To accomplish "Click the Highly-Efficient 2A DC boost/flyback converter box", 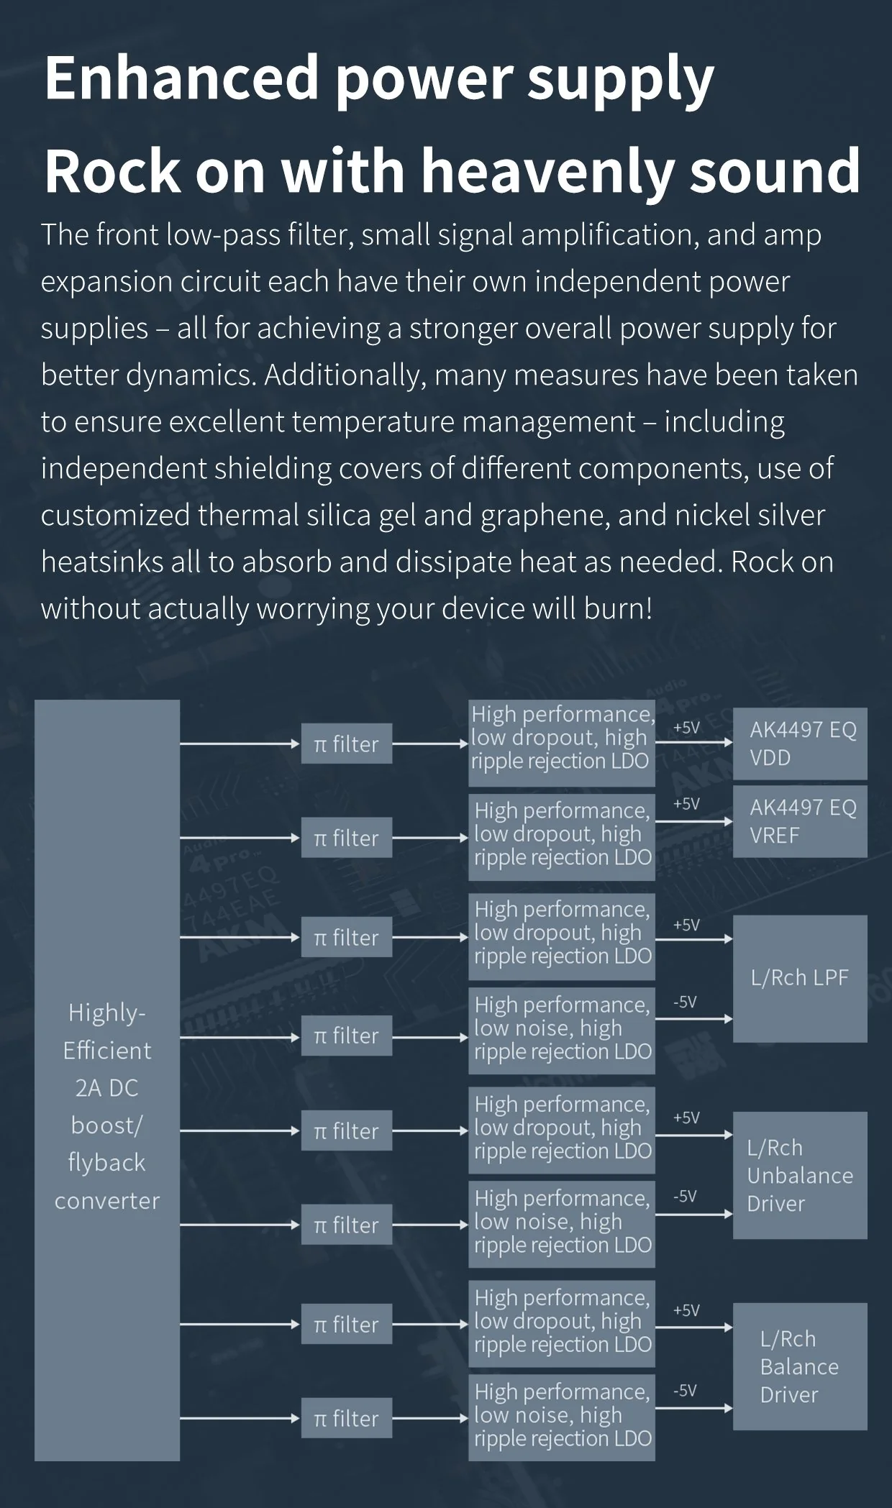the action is [x=107, y=1080].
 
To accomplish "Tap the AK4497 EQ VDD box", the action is [x=800, y=744].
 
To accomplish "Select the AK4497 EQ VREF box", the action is [x=800, y=821].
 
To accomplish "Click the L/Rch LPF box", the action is [x=800, y=979].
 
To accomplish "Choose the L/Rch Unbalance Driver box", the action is [x=800, y=1176].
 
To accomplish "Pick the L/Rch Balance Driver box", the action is [x=800, y=1367].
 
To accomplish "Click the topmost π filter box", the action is [x=347, y=744].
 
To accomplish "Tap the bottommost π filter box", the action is [x=347, y=1419].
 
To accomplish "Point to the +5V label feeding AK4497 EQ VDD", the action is [x=686, y=728].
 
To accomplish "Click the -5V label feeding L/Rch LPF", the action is [x=686, y=1002].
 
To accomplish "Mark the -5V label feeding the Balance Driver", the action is [x=686, y=1391].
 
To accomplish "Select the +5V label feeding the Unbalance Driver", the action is [x=686, y=1118].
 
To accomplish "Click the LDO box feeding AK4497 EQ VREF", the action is [x=562, y=837].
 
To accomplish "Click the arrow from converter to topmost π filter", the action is [x=240, y=744].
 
